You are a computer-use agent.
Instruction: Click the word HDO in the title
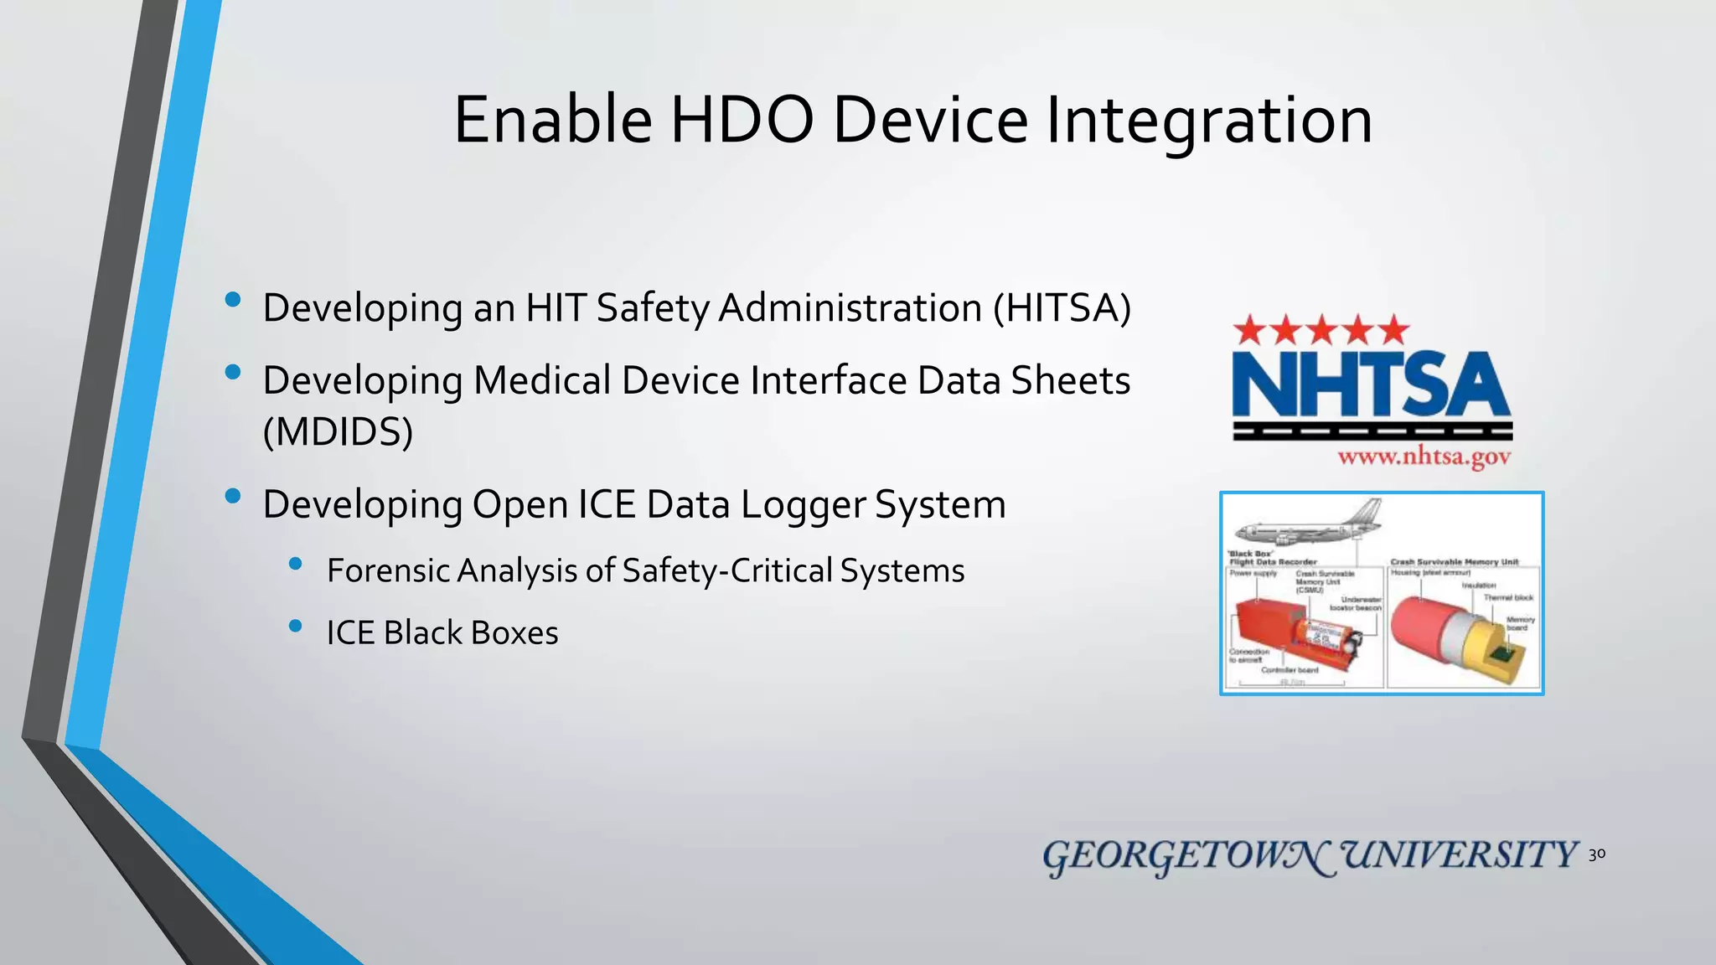tap(741, 120)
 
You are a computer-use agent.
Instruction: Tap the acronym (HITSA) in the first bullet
tap(1062, 307)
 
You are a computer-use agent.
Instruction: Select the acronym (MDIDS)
tap(338, 431)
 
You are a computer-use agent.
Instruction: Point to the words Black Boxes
tap(471, 632)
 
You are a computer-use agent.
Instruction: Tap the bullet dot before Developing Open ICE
tap(233, 496)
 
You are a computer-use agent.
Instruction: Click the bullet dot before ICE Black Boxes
tap(295, 625)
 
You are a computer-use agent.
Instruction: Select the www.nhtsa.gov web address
tap(1424, 457)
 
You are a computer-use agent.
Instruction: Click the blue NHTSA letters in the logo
tap(1371, 385)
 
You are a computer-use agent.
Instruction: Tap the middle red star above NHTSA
tap(1322, 330)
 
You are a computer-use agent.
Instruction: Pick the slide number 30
tap(1597, 854)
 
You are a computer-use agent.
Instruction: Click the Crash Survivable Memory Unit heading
tap(1455, 562)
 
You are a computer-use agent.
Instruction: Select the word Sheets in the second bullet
tap(1070, 380)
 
